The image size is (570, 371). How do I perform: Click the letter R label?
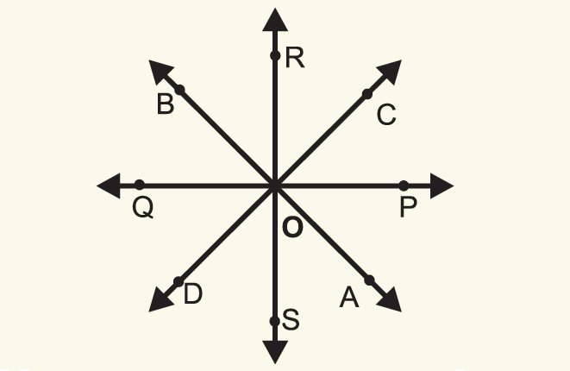[x=295, y=59]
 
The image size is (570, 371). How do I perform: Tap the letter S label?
[x=291, y=321]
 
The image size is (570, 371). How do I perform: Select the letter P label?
[x=408, y=208]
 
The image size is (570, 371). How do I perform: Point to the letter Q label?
[x=143, y=208]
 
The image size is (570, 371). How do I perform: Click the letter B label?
[x=166, y=106]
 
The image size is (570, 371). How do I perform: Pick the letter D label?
[x=192, y=294]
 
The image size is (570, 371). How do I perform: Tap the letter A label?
[x=348, y=298]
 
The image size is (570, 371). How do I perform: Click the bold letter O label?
[x=292, y=229]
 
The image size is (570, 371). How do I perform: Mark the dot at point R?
[x=274, y=56]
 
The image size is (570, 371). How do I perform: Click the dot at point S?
[x=274, y=322]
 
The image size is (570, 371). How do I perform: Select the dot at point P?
[x=404, y=185]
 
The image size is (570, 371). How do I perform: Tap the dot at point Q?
[x=140, y=185]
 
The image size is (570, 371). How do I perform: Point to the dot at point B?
[x=179, y=90]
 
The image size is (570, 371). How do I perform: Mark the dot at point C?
[x=367, y=93]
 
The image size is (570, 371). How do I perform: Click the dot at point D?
[x=178, y=281]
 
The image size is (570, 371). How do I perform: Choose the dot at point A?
[x=369, y=280]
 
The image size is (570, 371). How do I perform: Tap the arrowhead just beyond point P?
[x=441, y=185]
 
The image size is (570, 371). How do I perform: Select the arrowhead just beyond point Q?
[x=109, y=185]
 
